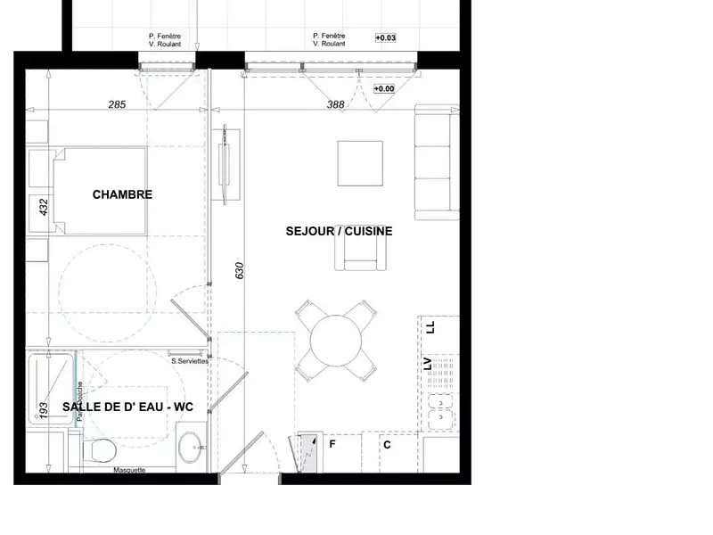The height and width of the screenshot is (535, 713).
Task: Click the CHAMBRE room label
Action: [x=122, y=194]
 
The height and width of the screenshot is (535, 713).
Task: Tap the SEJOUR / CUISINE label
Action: [x=339, y=230]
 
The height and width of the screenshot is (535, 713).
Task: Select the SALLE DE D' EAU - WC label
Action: [x=127, y=407]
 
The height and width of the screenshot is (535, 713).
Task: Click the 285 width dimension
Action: [x=117, y=104]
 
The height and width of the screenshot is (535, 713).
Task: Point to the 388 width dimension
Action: [x=335, y=104]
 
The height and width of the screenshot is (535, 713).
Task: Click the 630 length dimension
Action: [x=239, y=270]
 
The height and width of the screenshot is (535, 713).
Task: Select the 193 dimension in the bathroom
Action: [x=43, y=411]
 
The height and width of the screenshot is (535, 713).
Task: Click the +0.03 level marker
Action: [x=386, y=37]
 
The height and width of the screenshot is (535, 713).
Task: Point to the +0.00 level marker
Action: [x=384, y=89]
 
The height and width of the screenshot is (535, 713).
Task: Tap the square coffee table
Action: [x=359, y=162]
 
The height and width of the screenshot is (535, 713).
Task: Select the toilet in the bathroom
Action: [x=98, y=450]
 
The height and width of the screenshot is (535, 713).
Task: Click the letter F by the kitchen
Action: [x=332, y=443]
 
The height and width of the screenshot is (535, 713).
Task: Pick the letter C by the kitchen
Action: [x=387, y=444]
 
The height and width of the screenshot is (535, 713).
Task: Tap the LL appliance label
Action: [x=430, y=327]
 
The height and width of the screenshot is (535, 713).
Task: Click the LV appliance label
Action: [x=429, y=364]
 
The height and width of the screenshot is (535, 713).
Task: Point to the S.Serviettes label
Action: [x=190, y=361]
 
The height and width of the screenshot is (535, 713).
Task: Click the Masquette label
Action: [x=129, y=471]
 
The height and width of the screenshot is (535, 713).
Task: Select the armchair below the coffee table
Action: [x=361, y=257]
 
